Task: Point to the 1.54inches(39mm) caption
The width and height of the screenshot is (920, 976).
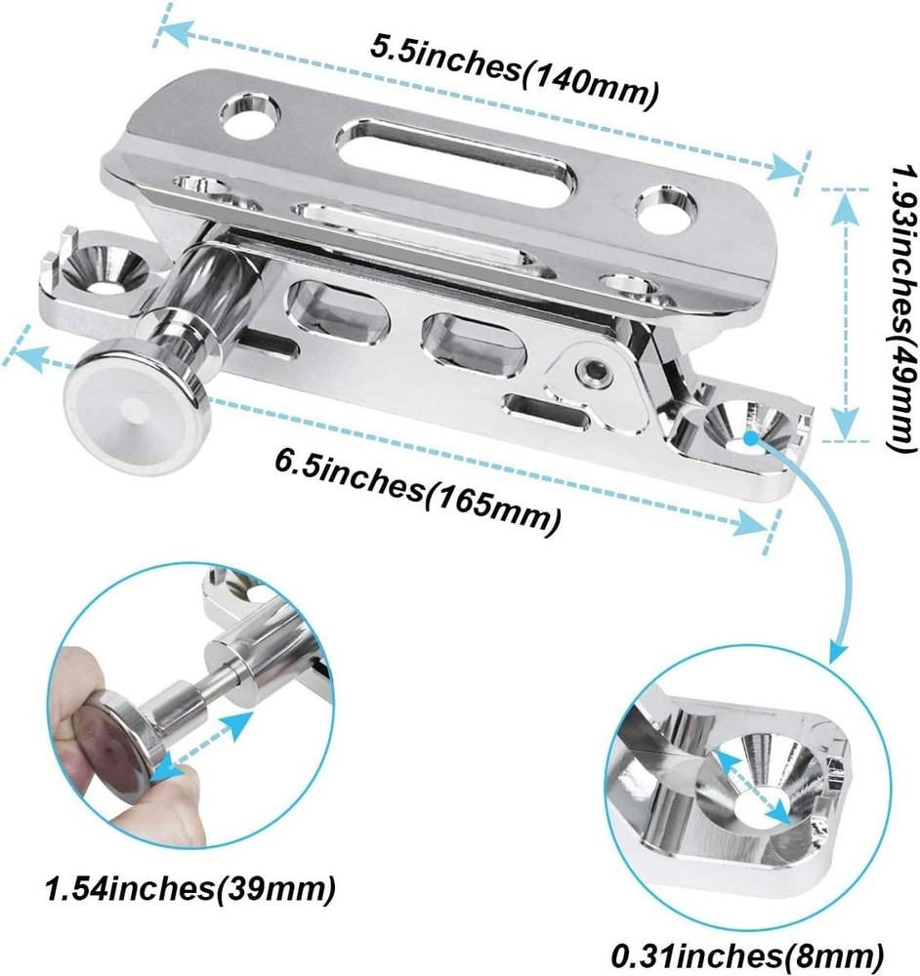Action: coord(189,889)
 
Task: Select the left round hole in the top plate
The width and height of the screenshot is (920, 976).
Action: coord(251,115)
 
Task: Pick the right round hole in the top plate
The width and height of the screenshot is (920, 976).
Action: coord(665,208)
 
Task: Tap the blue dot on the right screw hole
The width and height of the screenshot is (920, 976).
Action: coord(750,437)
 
